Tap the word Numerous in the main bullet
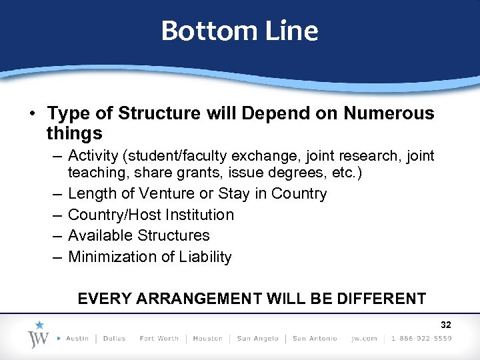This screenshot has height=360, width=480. click(x=389, y=113)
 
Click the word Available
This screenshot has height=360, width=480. click(x=101, y=235)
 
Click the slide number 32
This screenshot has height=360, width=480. click(x=446, y=325)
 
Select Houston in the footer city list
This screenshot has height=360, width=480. click(x=207, y=339)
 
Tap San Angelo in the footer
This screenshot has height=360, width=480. click(x=257, y=339)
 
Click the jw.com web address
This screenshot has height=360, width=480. click(x=364, y=339)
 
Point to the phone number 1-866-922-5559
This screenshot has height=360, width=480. click(x=421, y=339)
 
